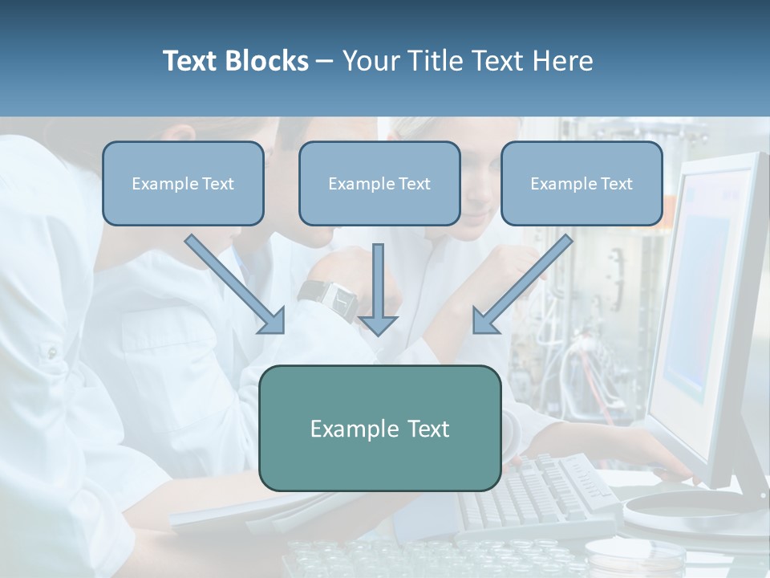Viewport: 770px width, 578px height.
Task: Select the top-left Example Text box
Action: pos(183,184)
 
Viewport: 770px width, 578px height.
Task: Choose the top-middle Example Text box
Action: pos(379,184)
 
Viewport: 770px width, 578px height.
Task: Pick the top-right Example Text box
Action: pos(582,184)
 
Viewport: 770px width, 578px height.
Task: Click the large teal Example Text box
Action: pos(380,428)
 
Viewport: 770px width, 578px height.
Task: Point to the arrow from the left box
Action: pos(235,284)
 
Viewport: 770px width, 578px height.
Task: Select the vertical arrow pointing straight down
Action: pos(378,290)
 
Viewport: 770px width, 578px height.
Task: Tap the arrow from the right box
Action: pos(522,284)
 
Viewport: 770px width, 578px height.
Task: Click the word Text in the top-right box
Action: pos(617,184)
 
